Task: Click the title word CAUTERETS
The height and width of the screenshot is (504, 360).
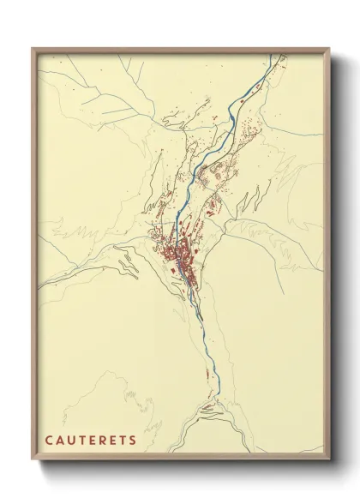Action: click(91, 441)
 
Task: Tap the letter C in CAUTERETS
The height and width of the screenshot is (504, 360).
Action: click(50, 441)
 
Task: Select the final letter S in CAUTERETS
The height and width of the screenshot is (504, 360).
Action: click(133, 441)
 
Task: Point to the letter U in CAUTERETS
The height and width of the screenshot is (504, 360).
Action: click(70, 441)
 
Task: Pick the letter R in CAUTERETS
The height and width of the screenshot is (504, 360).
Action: click(102, 441)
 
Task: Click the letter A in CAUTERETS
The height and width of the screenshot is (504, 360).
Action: click(60, 441)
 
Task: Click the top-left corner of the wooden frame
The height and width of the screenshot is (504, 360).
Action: click(33, 49)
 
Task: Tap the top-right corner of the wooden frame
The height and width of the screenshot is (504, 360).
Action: click(328, 49)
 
